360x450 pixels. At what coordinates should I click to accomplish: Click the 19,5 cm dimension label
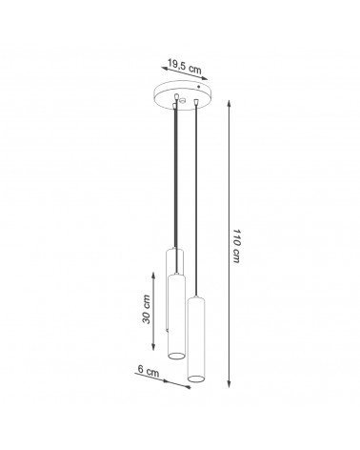184,66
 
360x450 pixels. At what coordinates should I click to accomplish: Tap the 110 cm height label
236,246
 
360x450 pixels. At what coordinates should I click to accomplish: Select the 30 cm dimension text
147,309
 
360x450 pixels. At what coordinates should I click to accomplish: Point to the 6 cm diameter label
149,371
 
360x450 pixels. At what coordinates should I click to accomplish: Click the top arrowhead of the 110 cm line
229,104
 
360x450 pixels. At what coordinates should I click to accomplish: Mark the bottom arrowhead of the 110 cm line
229,384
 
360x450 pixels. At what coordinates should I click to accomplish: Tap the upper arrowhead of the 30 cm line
153,276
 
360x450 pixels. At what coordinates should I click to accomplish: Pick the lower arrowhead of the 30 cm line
153,347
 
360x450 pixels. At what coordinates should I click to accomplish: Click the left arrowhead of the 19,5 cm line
165,68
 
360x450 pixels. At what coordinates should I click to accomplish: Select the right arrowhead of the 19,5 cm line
205,78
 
